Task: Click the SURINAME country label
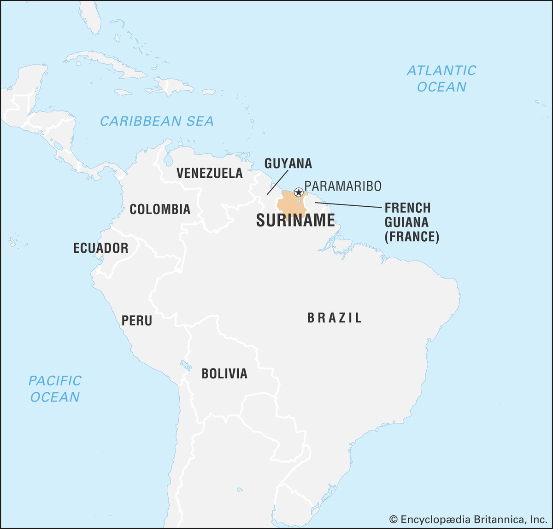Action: [x=295, y=221]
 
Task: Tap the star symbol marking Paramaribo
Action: [x=299, y=192]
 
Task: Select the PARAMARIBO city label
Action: [x=343, y=186]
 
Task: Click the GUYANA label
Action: [x=288, y=163]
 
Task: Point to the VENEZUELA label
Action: [x=210, y=173]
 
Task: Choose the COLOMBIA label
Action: [x=160, y=209]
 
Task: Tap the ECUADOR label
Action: [x=100, y=248]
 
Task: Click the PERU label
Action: [x=137, y=320]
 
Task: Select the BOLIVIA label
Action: [x=224, y=373]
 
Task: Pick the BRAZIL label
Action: [x=335, y=318]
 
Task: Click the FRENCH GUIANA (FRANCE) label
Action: [x=412, y=222]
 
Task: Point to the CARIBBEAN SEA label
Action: [x=157, y=121]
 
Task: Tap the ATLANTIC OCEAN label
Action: [x=441, y=79]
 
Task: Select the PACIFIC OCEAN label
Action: [x=55, y=389]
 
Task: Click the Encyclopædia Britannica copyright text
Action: [x=468, y=519]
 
